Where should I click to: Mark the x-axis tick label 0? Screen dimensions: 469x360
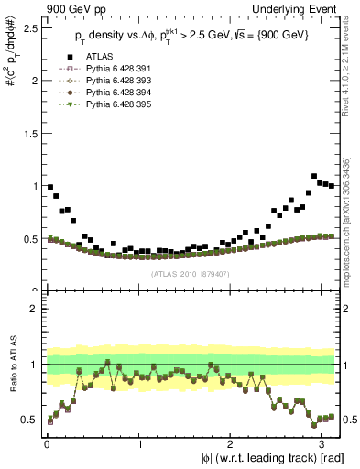click(x=46, y=443)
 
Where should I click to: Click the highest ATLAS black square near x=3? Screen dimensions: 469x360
click(x=314, y=176)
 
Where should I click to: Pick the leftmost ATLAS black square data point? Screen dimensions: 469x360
click(x=50, y=187)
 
